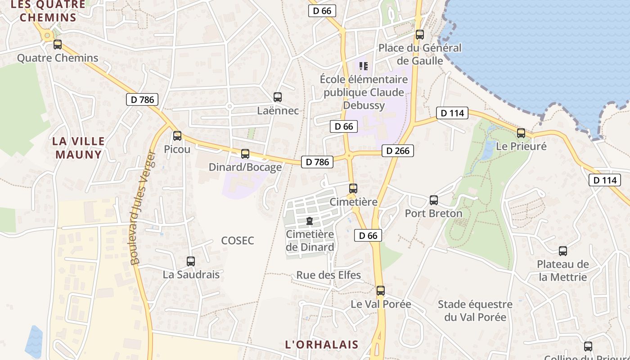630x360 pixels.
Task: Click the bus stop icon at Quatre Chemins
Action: coord(58,45)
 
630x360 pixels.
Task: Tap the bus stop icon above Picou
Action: coord(177,135)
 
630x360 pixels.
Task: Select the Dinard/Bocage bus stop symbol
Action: coord(245,154)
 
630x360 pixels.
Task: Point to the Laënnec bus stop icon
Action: coord(278,97)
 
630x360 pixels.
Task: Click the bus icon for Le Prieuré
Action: coord(521,133)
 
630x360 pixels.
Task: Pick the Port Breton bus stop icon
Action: coord(434,200)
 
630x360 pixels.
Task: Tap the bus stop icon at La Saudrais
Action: coord(191,261)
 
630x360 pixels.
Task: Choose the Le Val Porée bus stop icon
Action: coord(381,291)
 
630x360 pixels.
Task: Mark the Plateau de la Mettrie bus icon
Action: coord(563,251)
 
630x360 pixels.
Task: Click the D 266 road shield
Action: coord(398,151)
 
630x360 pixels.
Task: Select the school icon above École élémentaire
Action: coord(364,67)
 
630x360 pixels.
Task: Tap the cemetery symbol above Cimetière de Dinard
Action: coord(310,221)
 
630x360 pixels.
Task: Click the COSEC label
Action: coord(238,241)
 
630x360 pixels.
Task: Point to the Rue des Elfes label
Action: coord(328,275)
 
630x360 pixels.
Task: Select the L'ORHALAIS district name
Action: coord(322,345)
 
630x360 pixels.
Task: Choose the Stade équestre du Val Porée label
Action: coord(475,310)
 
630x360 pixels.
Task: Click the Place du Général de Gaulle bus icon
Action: coord(420,34)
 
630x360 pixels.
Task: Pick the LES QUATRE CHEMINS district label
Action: coord(48,11)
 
